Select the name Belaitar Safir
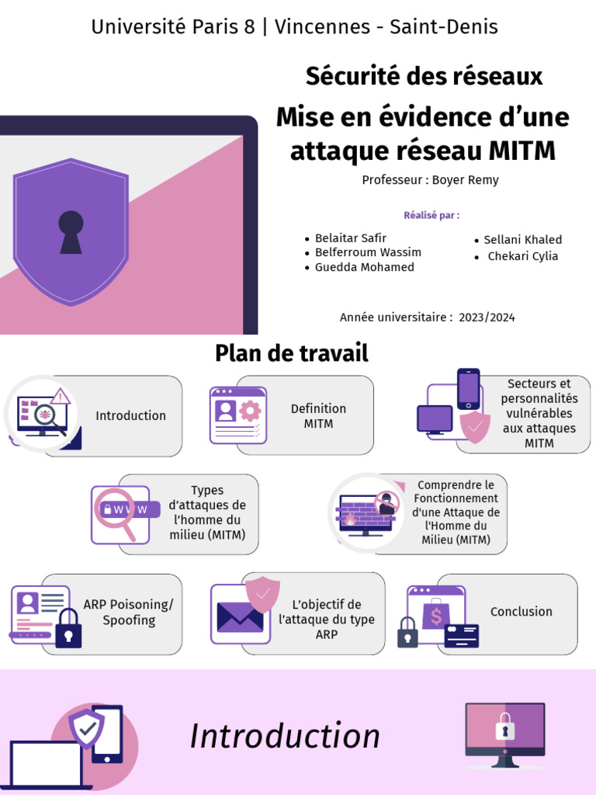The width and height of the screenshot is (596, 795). (350, 238)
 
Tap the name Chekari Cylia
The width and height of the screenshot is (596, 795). (522, 256)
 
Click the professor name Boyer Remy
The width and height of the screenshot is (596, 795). (454, 180)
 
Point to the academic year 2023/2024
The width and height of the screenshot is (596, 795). (487, 318)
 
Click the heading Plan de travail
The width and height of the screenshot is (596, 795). (291, 354)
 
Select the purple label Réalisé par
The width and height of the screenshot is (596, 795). (431, 215)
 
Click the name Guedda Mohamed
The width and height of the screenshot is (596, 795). (364, 267)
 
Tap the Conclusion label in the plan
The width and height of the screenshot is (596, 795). (521, 612)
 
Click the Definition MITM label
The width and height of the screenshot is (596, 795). (318, 416)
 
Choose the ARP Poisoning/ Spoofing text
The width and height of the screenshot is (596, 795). (129, 613)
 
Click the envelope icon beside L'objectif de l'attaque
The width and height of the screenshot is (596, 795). (240, 617)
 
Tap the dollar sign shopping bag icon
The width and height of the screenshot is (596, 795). (435, 616)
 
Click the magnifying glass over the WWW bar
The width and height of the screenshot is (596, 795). (116, 513)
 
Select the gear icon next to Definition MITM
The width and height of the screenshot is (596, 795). (250, 411)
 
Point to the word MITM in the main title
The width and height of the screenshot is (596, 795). (522, 151)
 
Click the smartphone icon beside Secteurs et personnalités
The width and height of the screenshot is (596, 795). (468, 388)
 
